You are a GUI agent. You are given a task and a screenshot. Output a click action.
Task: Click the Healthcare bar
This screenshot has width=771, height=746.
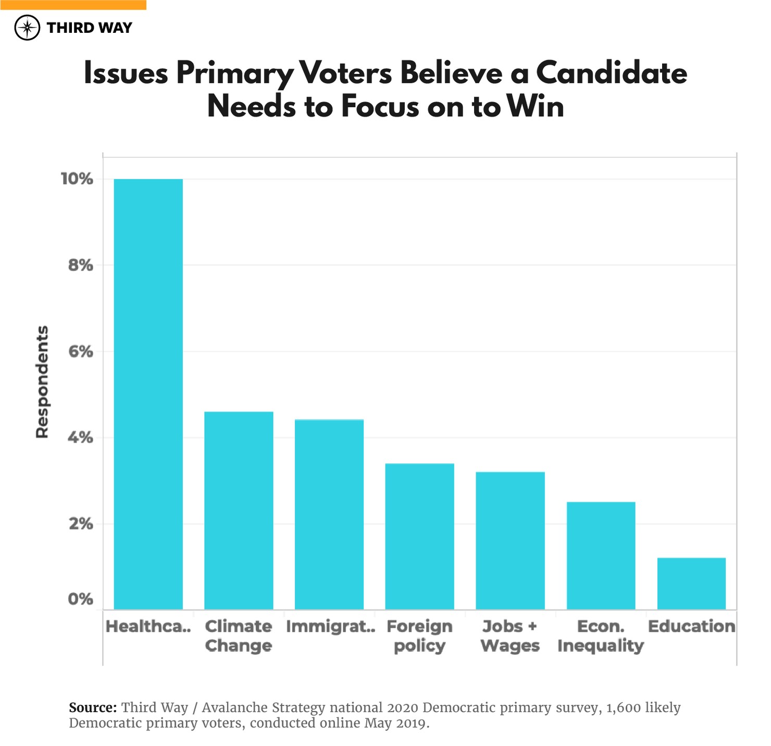pos(148,394)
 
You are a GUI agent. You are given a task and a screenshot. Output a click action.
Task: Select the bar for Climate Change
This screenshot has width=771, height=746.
pos(239,510)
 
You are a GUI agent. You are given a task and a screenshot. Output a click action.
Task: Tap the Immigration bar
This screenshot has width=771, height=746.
pos(329,514)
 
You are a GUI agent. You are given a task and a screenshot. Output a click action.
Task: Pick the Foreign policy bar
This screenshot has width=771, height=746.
pos(419,536)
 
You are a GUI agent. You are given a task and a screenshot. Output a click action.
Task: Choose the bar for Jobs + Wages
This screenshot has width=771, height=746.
pos(510,540)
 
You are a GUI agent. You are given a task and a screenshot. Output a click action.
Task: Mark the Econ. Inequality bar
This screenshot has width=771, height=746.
pos(601,555)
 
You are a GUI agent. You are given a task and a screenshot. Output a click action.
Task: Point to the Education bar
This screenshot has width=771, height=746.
pos(691,584)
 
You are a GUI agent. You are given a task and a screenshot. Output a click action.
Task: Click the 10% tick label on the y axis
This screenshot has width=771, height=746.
pos(77,179)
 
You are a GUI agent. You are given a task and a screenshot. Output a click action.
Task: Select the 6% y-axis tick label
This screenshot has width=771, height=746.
pos(80,352)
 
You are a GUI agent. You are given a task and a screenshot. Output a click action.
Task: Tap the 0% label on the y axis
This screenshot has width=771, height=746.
pos(80,599)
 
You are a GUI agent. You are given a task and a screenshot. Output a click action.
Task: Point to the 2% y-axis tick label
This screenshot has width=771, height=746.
pos(80,524)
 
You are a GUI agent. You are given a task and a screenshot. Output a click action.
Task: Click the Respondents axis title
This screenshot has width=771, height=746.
pos(42,382)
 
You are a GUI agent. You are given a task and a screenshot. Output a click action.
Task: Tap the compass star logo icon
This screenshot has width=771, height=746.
pos(27,28)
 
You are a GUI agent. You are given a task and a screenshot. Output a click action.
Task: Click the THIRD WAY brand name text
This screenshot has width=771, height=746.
pos(89,28)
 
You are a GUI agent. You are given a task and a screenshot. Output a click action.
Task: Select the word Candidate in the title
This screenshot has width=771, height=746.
pos(611,73)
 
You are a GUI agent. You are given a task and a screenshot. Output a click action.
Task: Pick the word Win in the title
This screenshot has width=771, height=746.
pos(535,107)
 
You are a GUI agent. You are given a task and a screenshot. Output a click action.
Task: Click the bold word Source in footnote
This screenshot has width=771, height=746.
pos(93,707)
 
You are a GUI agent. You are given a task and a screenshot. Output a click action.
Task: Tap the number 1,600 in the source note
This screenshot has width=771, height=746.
pos(623,707)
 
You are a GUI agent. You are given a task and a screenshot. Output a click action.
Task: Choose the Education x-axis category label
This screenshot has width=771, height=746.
pos(691,626)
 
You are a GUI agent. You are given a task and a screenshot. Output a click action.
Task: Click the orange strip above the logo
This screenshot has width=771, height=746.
pos(73,5)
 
